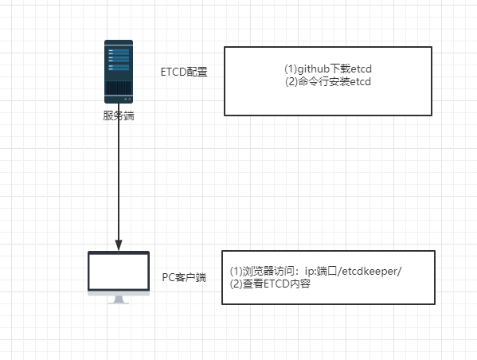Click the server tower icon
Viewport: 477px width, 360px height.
tap(119, 72)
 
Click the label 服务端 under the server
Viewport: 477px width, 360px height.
tap(119, 115)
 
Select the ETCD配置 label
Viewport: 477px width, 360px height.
tap(184, 72)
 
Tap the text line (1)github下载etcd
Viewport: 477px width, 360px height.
tap(327, 69)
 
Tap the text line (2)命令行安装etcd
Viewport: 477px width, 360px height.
tap(327, 81)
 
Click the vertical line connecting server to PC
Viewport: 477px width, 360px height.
tap(119, 183)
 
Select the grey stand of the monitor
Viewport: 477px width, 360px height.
tap(119, 299)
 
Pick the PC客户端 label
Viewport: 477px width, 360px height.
tap(184, 277)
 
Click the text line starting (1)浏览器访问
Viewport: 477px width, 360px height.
tap(315, 270)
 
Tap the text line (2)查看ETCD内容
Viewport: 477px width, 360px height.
tap(270, 282)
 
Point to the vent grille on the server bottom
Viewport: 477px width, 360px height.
tap(119, 89)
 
